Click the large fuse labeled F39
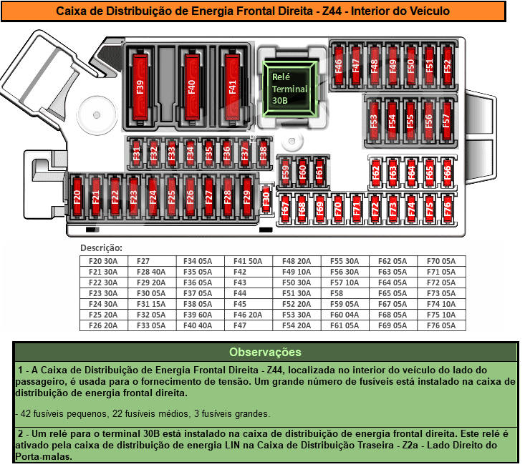pos(140,87)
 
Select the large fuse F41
pos(232,87)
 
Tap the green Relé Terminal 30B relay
pos(289,89)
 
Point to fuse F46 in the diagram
pos(339,66)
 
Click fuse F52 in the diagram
pos(447,66)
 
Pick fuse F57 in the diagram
pos(446,121)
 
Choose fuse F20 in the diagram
pos(77,197)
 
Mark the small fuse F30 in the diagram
pos(266,197)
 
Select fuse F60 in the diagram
pos(303,172)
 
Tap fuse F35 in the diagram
pos(208,152)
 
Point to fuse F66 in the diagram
pos(447,172)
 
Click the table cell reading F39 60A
pos(198,315)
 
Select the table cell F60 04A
pos(345,315)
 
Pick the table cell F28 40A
pos(151,272)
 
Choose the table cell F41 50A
pos(248,261)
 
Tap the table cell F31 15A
pos(151,304)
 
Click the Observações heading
pos(265,352)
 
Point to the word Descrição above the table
pos(102,248)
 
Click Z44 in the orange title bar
pos(332,11)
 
